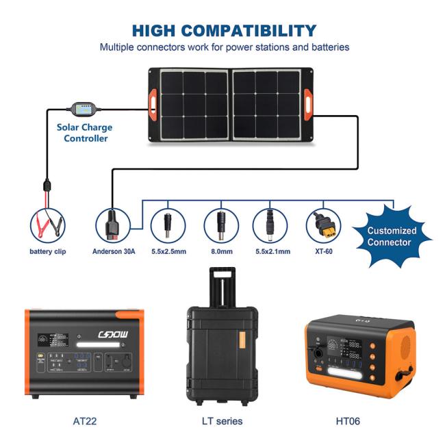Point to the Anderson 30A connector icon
tap(112, 225)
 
